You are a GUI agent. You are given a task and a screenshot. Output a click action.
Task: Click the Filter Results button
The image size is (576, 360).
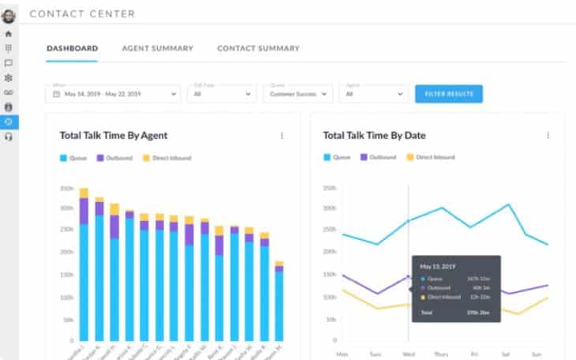[x=448, y=94]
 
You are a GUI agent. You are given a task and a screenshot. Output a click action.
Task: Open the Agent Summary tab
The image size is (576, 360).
[x=157, y=48]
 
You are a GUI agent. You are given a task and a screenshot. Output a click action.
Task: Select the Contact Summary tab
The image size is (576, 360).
[x=258, y=48]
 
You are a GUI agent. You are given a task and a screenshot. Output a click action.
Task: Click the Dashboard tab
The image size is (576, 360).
[x=72, y=48]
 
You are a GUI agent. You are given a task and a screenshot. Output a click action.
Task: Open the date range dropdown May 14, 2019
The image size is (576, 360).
[x=114, y=94]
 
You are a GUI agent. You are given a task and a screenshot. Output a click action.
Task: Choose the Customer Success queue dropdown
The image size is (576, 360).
[x=297, y=94]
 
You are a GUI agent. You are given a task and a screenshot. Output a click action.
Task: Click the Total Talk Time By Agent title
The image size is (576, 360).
[x=114, y=136]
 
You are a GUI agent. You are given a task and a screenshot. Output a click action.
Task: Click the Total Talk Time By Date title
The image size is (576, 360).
[x=374, y=136]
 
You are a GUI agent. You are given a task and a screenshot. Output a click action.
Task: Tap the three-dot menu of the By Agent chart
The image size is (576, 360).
[x=282, y=136]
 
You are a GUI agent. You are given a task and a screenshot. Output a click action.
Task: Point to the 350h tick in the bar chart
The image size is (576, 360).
[x=66, y=189]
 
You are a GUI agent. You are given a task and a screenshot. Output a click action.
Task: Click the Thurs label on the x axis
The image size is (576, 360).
[x=442, y=354]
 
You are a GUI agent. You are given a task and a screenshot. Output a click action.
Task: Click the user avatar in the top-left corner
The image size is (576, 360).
[x=9, y=15]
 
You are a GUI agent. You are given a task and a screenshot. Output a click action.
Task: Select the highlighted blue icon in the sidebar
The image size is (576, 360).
[x=9, y=122]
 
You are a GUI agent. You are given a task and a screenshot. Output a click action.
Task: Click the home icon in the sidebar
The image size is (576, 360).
[x=9, y=35]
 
